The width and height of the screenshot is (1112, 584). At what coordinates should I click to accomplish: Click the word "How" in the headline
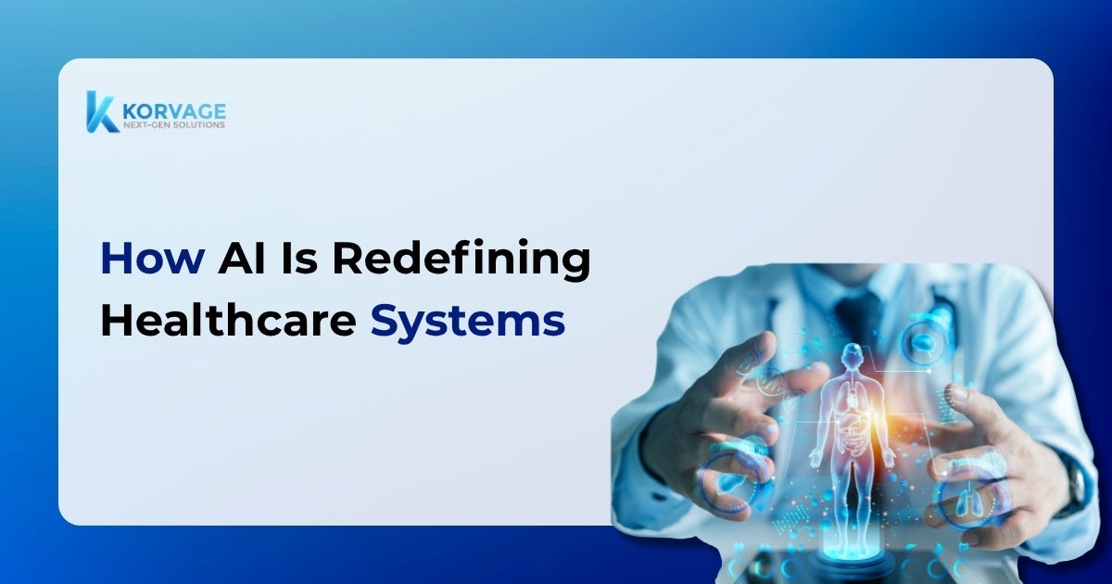click(x=153, y=259)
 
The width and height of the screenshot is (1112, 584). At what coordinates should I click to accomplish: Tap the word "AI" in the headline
click(x=242, y=259)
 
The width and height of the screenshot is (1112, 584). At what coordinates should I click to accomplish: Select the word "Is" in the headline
click(x=299, y=259)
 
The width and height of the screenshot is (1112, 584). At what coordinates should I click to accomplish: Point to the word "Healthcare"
click(x=228, y=320)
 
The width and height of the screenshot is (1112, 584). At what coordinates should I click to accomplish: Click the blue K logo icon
click(x=102, y=112)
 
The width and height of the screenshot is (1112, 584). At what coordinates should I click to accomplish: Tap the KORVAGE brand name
click(x=174, y=111)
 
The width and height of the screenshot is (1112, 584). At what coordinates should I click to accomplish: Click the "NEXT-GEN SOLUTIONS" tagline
click(x=174, y=124)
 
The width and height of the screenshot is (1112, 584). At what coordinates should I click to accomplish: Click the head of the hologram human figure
click(x=853, y=356)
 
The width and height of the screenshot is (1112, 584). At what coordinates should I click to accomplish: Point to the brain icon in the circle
click(x=924, y=342)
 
